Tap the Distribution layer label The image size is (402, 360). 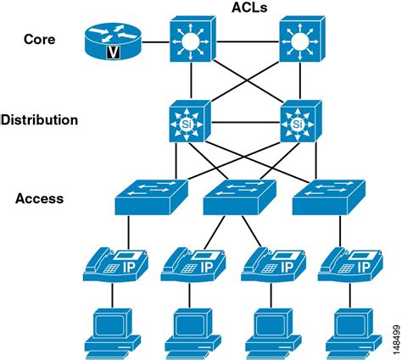pos(39,120)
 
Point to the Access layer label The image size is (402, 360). pos(39,199)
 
